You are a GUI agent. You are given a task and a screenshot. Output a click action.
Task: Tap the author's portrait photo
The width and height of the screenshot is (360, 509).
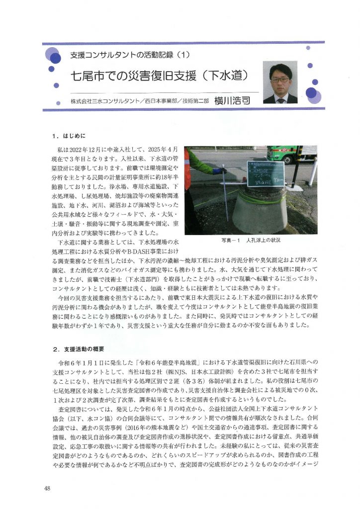tap(280, 83)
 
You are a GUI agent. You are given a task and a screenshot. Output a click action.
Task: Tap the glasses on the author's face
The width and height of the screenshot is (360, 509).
tap(280, 79)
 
